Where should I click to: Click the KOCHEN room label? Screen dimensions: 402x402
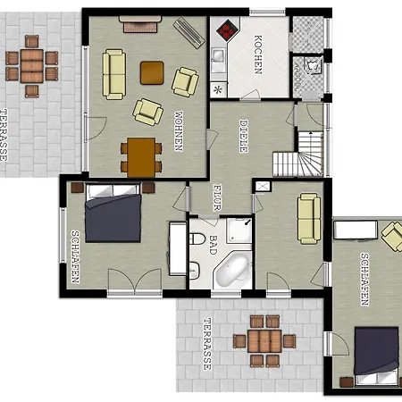(258, 54)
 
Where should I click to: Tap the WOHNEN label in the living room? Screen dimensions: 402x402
(179, 131)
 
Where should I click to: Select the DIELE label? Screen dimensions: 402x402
(244, 137)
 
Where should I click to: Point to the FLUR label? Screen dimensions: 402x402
(217, 197)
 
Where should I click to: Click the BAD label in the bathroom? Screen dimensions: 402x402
(213, 245)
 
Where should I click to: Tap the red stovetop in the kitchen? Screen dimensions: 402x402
(228, 29)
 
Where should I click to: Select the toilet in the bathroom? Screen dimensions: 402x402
(197, 239)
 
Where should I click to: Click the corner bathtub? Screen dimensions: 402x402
(232, 270)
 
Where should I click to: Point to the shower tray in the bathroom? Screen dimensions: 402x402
(239, 230)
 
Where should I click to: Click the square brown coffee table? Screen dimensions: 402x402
(152, 73)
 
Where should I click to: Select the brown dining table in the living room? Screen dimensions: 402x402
(141, 157)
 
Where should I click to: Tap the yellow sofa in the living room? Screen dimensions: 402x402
(113, 74)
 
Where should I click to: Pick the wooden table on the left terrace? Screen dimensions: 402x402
(32, 66)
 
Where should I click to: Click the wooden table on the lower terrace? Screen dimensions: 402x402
(264, 341)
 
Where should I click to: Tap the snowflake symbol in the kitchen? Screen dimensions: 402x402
(218, 89)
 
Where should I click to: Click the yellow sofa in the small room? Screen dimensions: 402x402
(309, 219)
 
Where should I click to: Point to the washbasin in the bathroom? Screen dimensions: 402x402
(194, 271)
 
